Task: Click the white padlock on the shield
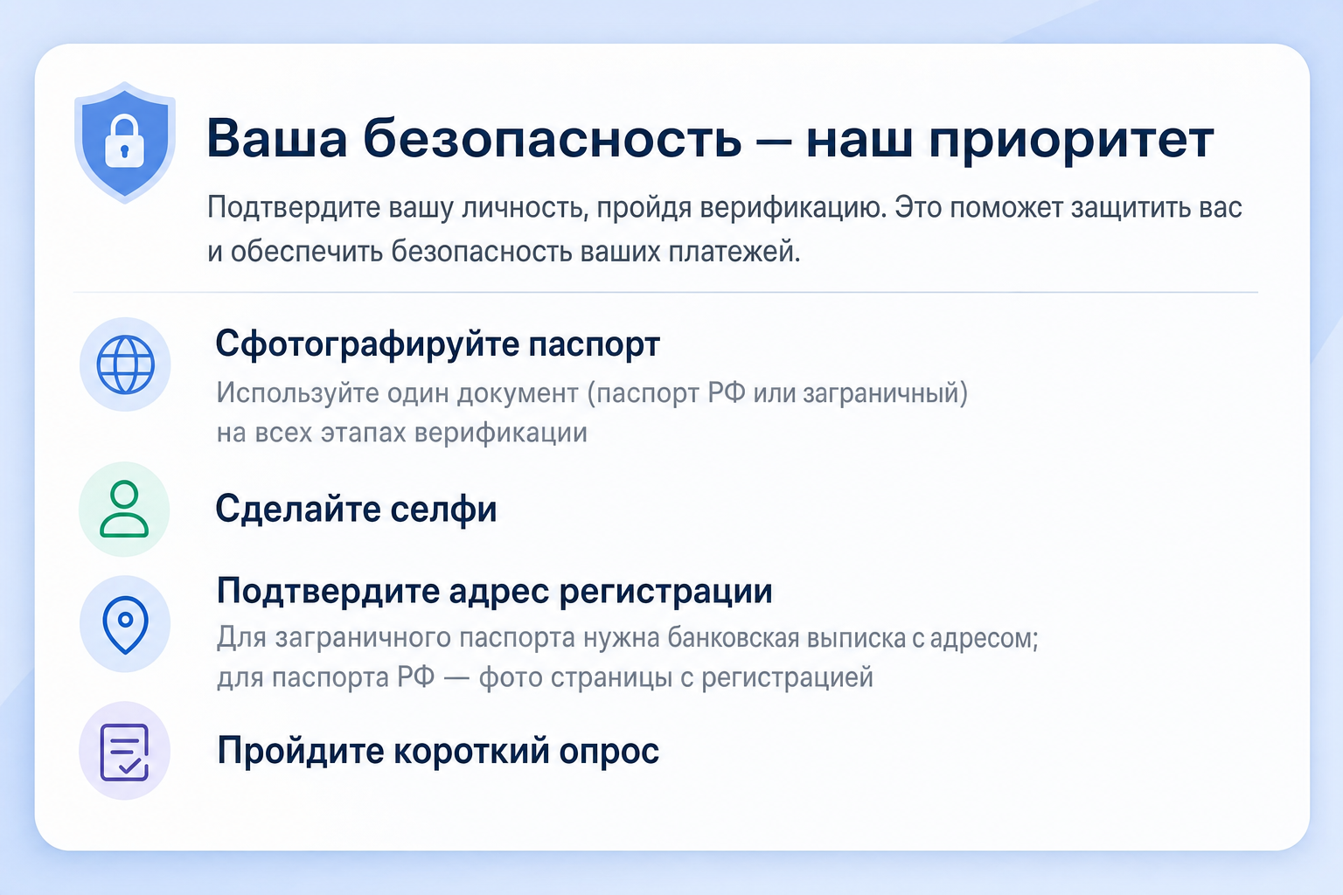click(x=125, y=142)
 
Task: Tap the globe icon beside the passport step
click(x=125, y=364)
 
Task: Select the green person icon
click(x=124, y=509)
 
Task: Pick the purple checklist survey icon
click(x=125, y=753)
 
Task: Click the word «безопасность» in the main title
click(x=553, y=139)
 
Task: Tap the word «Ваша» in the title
click(x=276, y=139)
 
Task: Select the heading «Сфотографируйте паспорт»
click(x=438, y=345)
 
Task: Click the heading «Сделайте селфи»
click(x=356, y=510)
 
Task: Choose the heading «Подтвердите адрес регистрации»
click(x=495, y=592)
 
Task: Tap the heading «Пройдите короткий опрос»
click(x=438, y=751)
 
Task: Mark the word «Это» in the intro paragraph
click(x=919, y=207)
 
